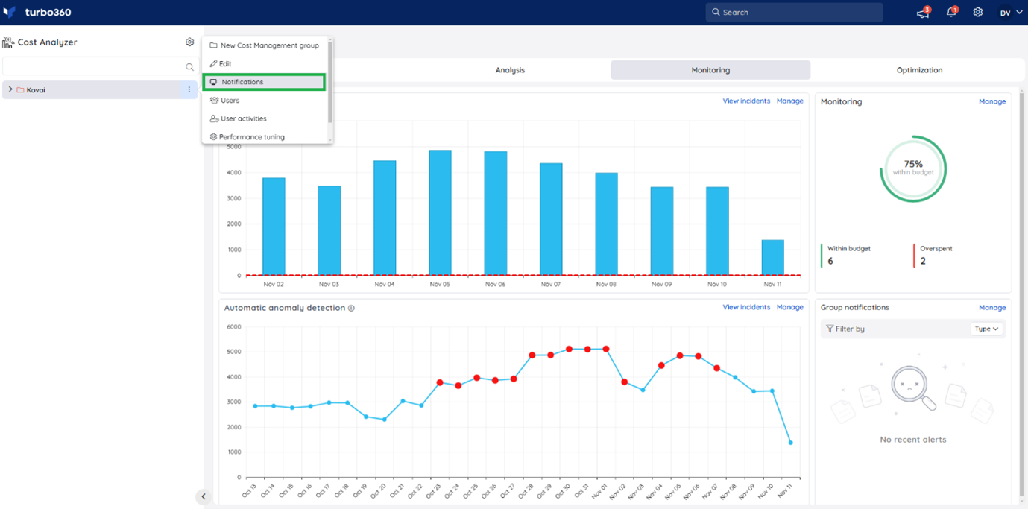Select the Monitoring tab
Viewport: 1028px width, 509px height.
[x=710, y=70]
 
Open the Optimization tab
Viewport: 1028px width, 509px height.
[x=918, y=70]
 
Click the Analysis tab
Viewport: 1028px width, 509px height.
[x=510, y=70]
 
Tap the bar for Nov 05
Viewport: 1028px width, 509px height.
[x=440, y=212]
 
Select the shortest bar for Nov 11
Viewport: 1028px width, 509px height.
[x=772, y=257]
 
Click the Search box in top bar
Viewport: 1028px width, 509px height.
[x=794, y=12]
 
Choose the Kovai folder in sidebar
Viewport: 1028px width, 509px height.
[x=36, y=90]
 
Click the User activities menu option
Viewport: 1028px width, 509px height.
[x=243, y=118]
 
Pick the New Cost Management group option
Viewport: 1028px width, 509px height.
[x=269, y=45]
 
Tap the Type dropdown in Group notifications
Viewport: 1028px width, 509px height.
[x=986, y=329]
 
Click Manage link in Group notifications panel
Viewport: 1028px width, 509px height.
[x=991, y=307]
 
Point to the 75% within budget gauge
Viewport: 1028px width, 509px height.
[x=912, y=168]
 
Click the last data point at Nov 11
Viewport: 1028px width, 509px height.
[x=790, y=443]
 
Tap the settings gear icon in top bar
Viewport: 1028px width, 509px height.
[x=977, y=13]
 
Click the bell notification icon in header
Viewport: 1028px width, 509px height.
[x=950, y=13]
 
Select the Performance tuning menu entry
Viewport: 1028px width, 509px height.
[x=251, y=137]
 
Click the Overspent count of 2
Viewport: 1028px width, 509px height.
[x=923, y=261]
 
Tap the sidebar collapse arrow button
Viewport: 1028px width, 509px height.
[x=203, y=496]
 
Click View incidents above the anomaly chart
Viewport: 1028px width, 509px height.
[x=745, y=307]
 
